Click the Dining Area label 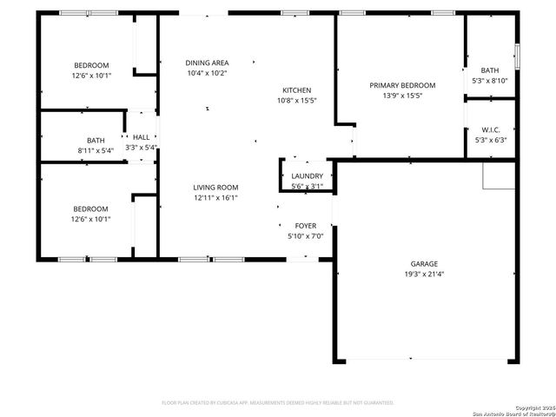coord(207,63)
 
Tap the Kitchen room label coord(296,90)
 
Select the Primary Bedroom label coord(402,85)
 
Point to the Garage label coord(424,263)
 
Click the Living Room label coord(215,188)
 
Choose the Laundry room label coord(307,175)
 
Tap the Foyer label coord(304,225)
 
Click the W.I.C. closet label coord(490,129)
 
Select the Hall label coord(141,137)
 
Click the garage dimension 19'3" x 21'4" coord(424,275)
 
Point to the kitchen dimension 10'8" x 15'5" coord(296,101)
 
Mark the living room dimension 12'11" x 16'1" coord(215,198)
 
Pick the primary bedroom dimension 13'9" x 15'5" coord(402,96)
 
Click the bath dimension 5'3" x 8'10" coord(490,82)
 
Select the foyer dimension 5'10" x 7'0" coord(304,236)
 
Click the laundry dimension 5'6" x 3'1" coord(307,185)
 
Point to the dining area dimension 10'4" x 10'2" coord(207,73)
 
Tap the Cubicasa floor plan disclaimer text coord(278,402)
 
